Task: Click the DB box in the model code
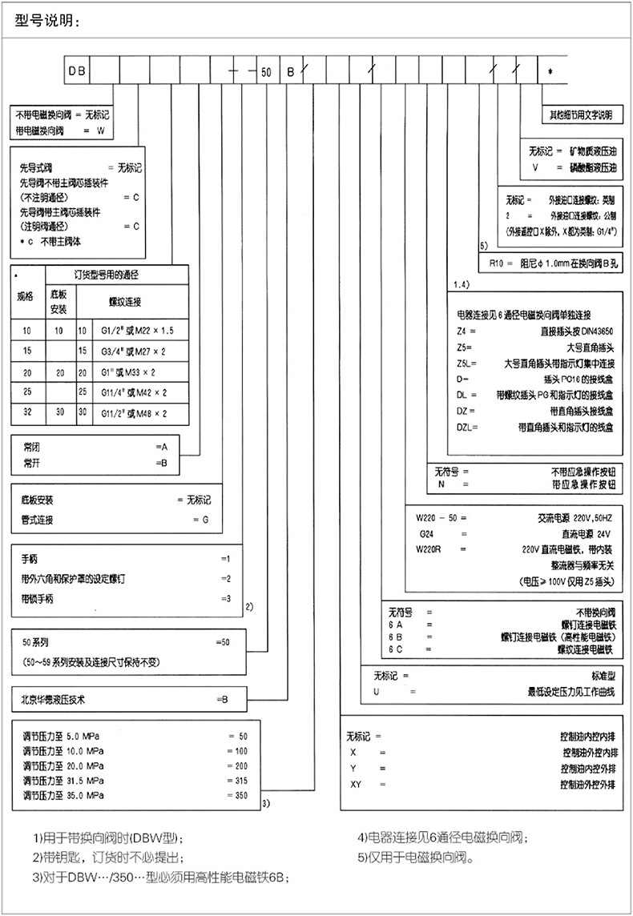pos(77,71)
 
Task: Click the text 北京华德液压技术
pos(54,699)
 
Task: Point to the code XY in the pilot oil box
pos(357,782)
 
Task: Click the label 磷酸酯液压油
pos(592,169)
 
